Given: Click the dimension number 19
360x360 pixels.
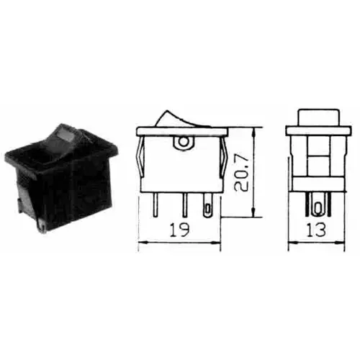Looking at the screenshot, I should point(182,233).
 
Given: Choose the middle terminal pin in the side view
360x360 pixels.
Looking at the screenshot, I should point(183,205).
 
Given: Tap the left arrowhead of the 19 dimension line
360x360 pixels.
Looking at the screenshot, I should point(140,243).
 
